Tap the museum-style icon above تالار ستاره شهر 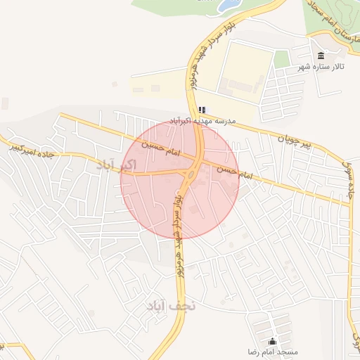[x=321, y=56]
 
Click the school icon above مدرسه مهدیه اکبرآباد [x=202, y=110]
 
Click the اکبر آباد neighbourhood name [x=114, y=165]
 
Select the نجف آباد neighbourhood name [x=170, y=307]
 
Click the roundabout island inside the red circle [x=191, y=174]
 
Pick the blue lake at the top [x=229, y=6]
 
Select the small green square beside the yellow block [x=282, y=59]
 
